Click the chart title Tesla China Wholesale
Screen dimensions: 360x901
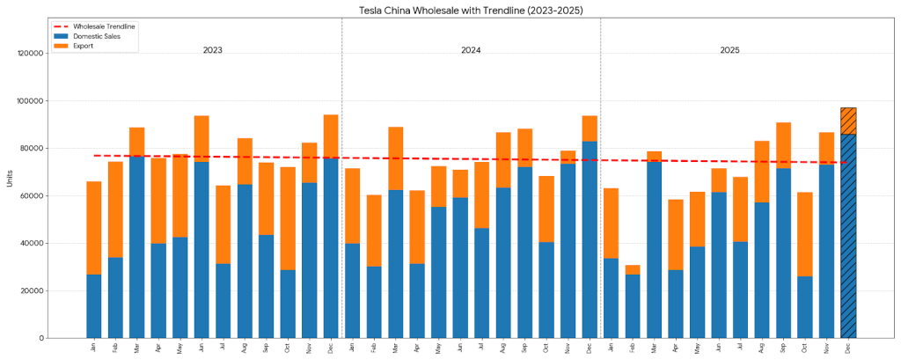[471, 10]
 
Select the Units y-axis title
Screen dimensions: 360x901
[10, 179]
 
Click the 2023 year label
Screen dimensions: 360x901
[212, 51]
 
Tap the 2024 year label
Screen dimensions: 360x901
[471, 51]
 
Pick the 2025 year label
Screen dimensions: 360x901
[729, 51]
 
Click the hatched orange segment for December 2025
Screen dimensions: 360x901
[848, 121]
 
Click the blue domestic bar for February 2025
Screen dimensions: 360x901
[633, 305]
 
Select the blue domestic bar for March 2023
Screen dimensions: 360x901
[137, 246]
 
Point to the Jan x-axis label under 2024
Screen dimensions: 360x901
[353, 347]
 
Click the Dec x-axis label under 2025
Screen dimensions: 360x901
[848, 347]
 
